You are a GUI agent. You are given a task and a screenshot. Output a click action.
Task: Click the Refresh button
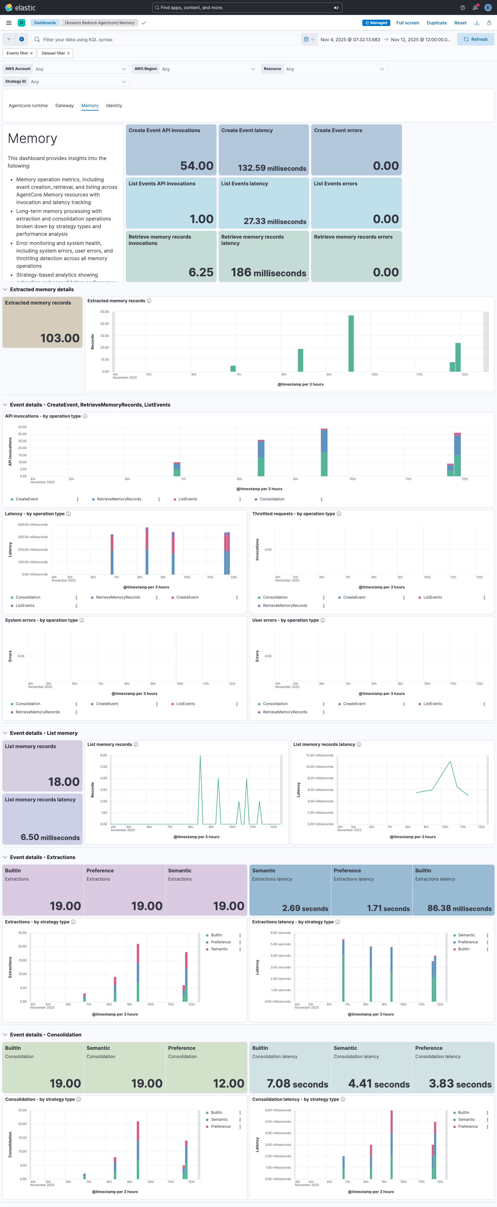[475, 39]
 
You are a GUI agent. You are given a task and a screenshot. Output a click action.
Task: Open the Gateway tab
[64, 106]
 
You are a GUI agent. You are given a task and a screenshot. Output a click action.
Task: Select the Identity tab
[114, 106]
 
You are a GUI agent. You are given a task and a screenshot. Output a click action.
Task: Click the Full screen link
[408, 22]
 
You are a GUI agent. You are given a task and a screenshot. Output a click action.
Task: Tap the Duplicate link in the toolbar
[436, 22]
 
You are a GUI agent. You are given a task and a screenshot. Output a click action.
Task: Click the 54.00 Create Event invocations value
[197, 166]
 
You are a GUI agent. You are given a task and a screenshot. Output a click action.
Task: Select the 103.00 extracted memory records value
[60, 338]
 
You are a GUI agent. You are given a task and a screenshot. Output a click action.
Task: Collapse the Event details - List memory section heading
[44, 733]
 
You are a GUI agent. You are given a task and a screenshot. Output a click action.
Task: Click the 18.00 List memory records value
[64, 781]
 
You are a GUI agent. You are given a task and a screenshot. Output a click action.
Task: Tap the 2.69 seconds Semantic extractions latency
[305, 908]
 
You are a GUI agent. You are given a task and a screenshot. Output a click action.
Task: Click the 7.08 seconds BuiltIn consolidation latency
[297, 1084]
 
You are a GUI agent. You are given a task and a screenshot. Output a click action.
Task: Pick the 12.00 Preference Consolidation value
[229, 1083]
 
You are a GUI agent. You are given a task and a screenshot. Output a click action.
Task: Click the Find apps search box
[247, 8]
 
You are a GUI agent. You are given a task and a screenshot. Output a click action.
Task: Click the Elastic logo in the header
[20, 8]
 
